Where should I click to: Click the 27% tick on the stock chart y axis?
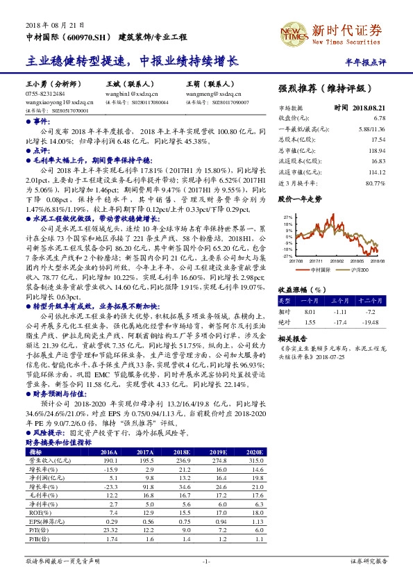pos(287,217)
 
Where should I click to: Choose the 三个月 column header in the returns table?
pos(339,300)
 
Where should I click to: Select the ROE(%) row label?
pos(37,511)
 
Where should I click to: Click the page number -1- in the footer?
pos(206,560)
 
